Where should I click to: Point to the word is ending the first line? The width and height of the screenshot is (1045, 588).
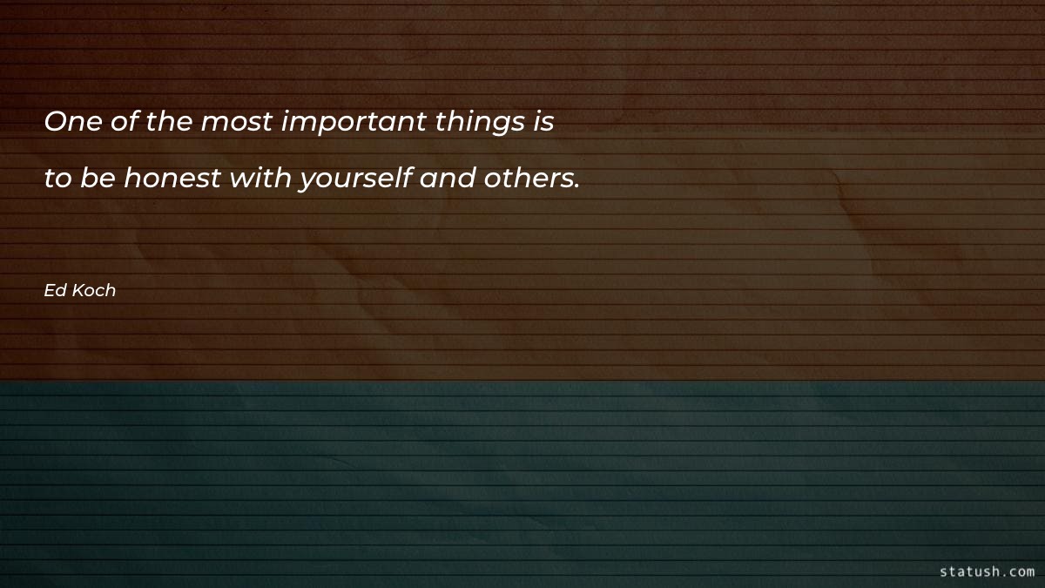click(544, 123)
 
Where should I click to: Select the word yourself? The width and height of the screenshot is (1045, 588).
click(355, 180)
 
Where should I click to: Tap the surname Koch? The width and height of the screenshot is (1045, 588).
click(94, 291)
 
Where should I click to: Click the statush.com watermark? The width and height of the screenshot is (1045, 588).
click(988, 571)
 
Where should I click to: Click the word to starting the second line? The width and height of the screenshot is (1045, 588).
click(57, 179)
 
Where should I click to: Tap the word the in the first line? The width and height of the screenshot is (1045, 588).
click(169, 123)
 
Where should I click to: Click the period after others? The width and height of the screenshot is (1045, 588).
click(576, 186)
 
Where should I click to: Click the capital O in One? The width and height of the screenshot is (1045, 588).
click(54, 123)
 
